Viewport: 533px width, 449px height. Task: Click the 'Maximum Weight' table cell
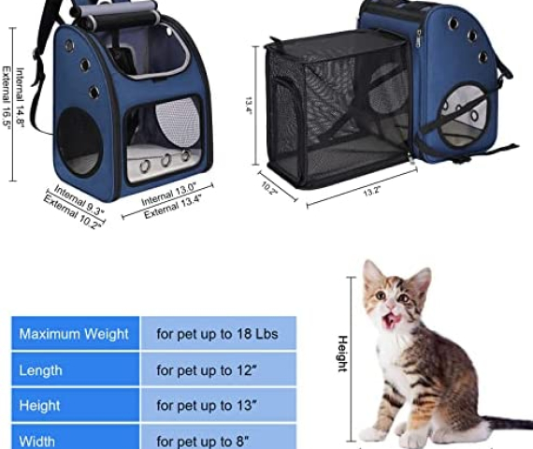pyautogui.click(x=75, y=333)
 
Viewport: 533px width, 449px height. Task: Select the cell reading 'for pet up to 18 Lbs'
pyautogui.click(x=219, y=333)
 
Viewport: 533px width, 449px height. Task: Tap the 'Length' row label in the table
pyautogui.click(x=75, y=369)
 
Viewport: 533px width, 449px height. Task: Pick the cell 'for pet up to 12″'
pyautogui.click(x=219, y=369)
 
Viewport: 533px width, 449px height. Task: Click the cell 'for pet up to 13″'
pyautogui.click(x=219, y=405)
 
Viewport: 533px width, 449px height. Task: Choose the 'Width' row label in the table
pyautogui.click(x=75, y=437)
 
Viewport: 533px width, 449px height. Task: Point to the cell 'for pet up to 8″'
pyautogui.click(x=219, y=437)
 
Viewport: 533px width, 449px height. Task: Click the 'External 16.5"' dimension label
pyautogui.click(x=7, y=97)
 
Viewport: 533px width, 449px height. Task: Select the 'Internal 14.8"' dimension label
pyautogui.click(x=20, y=97)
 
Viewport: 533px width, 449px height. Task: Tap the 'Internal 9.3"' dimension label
pyautogui.click(x=79, y=199)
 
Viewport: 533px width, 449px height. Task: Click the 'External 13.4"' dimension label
pyautogui.click(x=173, y=207)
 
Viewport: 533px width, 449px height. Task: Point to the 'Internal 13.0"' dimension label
pyautogui.click(x=168, y=195)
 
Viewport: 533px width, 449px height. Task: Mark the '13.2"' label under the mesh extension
pyautogui.click(x=371, y=191)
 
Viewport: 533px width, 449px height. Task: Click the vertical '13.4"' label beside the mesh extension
pyautogui.click(x=249, y=106)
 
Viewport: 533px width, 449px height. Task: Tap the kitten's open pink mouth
pyautogui.click(x=390, y=321)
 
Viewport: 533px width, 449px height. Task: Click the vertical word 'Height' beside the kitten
pyautogui.click(x=342, y=354)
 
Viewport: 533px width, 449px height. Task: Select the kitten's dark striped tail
pyautogui.click(x=508, y=423)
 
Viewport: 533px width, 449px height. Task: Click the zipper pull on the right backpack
pyautogui.click(x=419, y=38)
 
